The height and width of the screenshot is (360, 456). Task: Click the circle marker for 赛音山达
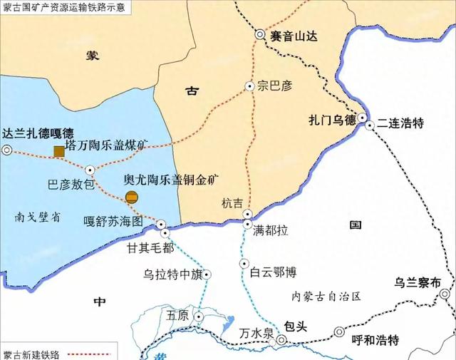261,34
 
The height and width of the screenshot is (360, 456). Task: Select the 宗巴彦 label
276,86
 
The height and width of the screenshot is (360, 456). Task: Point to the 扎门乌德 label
332,120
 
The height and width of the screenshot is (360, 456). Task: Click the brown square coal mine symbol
58,150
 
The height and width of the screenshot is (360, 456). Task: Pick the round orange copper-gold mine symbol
131,197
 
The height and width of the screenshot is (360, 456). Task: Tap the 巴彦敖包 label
71,185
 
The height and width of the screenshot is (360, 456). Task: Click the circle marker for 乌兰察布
445,294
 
